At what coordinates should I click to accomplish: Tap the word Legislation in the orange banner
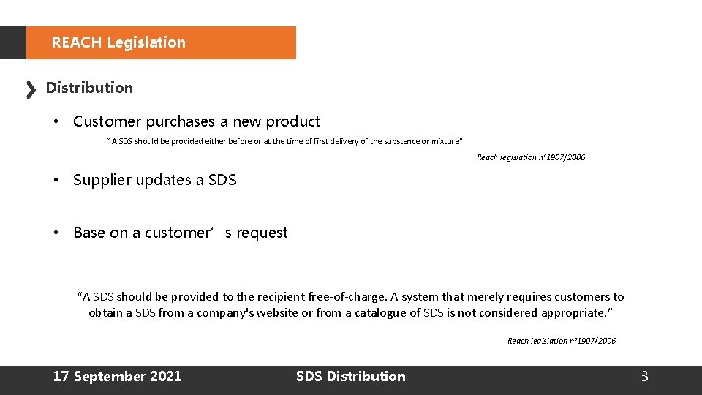(146, 42)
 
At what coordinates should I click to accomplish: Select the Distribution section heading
(89, 88)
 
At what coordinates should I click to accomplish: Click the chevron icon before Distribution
(31, 90)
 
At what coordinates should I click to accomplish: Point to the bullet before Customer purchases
(56, 121)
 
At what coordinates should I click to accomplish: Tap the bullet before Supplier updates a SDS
(56, 180)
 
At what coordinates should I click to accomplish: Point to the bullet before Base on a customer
(56, 233)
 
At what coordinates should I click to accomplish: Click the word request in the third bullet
(261, 233)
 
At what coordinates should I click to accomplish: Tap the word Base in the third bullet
(89, 233)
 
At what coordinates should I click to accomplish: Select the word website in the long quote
(273, 313)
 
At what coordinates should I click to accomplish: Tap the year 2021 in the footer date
(165, 377)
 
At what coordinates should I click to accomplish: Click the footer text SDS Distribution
(350, 377)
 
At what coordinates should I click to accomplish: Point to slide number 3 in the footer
(644, 377)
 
